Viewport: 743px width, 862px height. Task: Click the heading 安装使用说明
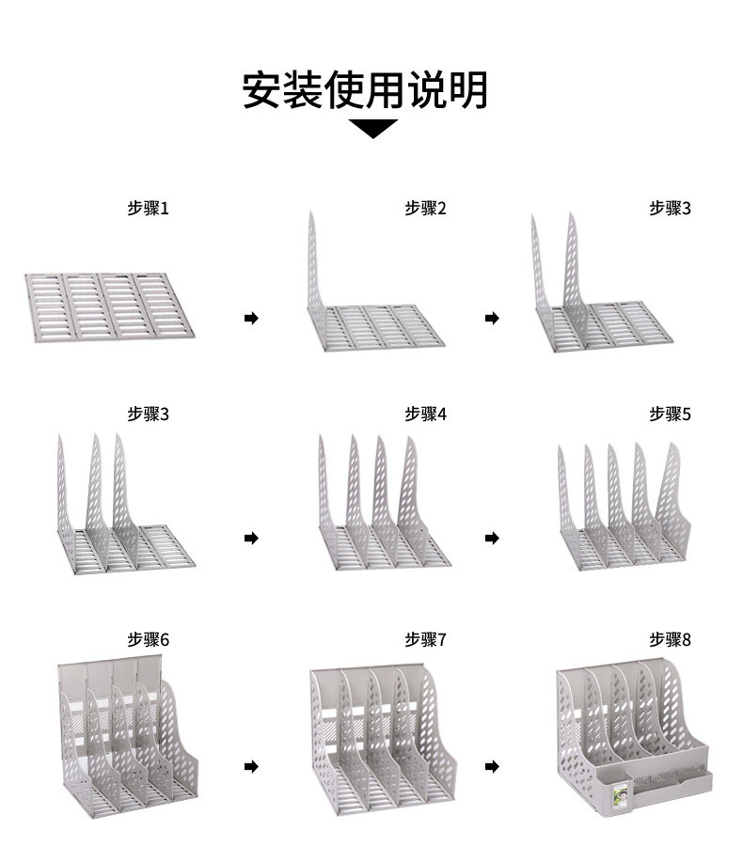click(x=365, y=89)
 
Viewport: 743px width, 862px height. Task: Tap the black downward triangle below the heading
click(x=372, y=129)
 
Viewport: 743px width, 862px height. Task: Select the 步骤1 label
click(x=148, y=208)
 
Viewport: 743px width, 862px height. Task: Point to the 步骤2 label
click(x=425, y=208)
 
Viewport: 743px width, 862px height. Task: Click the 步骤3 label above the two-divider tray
click(x=670, y=208)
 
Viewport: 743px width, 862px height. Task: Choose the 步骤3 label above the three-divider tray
click(x=148, y=413)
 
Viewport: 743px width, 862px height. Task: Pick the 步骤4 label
click(x=425, y=413)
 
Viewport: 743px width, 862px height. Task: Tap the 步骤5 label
click(x=670, y=413)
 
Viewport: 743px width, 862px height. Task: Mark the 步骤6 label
click(x=148, y=639)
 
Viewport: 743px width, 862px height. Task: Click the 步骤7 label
click(x=425, y=639)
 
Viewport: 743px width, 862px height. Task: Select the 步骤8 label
click(x=670, y=639)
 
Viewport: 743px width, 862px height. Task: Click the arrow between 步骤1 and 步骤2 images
click(x=251, y=319)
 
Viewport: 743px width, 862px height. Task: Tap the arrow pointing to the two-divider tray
click(x=492, y=319)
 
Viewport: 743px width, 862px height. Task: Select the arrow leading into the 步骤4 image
click(x=251, y=538)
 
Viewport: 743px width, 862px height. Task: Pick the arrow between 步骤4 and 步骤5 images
click(x=492, y=538)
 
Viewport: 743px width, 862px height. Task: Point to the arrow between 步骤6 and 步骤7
click(x=251, y=767)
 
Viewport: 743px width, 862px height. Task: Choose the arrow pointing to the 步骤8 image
click(x=492, y=767)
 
